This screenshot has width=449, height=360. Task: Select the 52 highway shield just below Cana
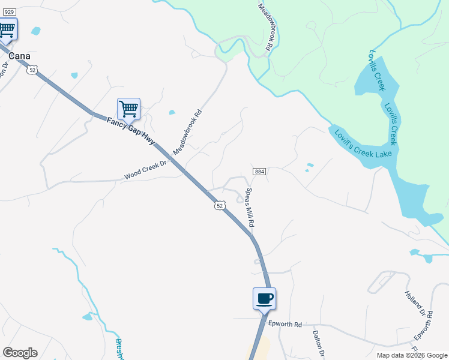[32, 70]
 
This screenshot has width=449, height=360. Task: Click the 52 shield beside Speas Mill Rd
[220, 205]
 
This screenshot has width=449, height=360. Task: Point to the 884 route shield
[259, 172]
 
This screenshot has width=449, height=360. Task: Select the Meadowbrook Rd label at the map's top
[266, 26]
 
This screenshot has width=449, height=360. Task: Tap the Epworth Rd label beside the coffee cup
[283, 323]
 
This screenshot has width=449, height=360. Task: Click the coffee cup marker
[264, 298]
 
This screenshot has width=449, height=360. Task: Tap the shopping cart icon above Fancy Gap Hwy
[128, 109]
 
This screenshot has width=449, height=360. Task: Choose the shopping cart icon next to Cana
[7, 29]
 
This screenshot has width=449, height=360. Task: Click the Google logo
[20, 353]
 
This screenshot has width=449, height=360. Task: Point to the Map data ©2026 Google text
[411, 355]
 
